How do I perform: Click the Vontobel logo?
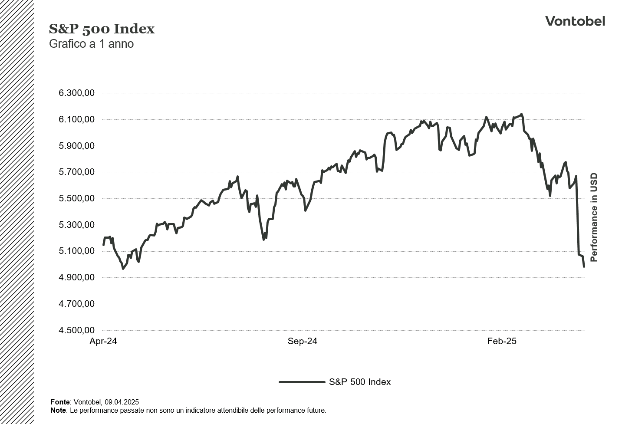point(575,21)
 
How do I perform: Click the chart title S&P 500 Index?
point(102,29)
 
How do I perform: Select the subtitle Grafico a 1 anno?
point(91,44)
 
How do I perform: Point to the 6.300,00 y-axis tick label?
point(76,93)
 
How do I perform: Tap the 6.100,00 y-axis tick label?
point(76,119)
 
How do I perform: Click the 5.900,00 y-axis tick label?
point(76,146)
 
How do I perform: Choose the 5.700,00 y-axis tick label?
point(76,172)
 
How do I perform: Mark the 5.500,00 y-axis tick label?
point(76,198)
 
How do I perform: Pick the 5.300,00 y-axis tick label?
point(76,225)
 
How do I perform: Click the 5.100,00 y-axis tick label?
point(76,251)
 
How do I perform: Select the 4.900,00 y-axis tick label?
point(76,277)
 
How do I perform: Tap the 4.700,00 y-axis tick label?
point(76,304)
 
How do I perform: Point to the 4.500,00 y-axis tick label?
point(76,330)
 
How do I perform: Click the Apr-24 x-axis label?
point(103,341)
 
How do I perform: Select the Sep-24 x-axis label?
point(303,341)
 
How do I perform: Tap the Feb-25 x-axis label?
point(502,341)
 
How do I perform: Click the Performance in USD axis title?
point(594,217)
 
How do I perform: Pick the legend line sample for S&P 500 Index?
point(302,382)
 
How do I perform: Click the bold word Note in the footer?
point(58,410)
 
